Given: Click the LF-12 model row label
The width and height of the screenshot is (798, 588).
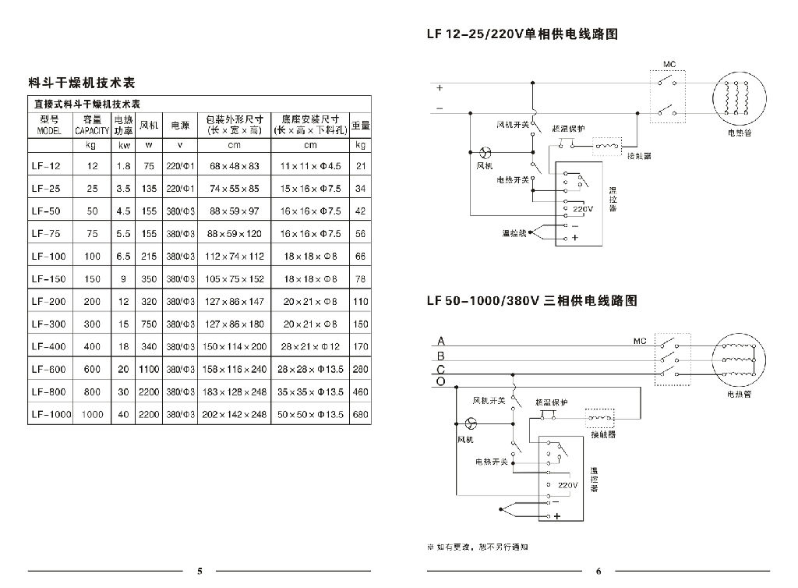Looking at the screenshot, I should tap(47, 166).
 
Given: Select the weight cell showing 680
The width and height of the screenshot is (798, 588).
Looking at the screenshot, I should tap(360, 415).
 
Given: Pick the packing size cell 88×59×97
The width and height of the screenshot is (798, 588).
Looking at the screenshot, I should tap(234, 211).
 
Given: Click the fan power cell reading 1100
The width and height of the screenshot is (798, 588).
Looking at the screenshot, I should tap(148, 370).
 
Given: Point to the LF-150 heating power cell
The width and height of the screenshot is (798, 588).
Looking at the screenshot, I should tap(122, 279).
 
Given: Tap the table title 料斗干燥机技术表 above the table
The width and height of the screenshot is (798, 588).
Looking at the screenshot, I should tap(81, 82).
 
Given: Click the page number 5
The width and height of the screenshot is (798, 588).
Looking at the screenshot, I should tap(199, 571).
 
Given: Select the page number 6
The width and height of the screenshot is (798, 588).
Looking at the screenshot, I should tap(598, 571).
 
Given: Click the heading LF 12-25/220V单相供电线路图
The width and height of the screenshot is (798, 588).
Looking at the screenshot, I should tap(522, 35).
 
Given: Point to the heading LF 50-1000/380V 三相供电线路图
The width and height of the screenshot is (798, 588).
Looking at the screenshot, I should tap(531, 300).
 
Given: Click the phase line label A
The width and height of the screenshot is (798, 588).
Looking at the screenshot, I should tap(441, 341).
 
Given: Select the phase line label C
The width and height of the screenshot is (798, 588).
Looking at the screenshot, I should tap(441, 369).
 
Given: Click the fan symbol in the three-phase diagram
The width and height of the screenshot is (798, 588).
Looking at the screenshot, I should tap(470, 423).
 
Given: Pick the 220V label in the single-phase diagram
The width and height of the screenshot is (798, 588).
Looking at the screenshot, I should tap(582, 210).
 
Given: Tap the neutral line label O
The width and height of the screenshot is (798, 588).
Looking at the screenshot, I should tap(441, 382).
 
